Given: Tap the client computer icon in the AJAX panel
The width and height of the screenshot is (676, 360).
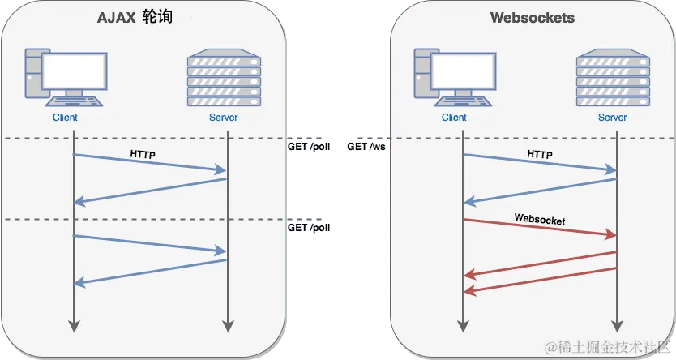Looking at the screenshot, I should pos(64,79).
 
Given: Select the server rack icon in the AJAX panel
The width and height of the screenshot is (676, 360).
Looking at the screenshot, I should pos(224,79).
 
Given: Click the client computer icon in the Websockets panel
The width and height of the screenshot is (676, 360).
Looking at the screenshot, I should pos(453,79).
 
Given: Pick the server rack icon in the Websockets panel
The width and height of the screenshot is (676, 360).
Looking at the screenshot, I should pos(613,79).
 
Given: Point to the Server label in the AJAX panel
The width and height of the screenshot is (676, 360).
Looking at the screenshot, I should pos(224,118).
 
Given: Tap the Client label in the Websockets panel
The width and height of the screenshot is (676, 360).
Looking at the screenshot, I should pos(454,118).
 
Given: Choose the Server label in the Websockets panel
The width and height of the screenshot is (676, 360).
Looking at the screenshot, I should pos(613,118).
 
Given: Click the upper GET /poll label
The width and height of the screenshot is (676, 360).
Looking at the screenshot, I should pos(309,148).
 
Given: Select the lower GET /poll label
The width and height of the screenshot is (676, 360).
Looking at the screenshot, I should pos(309,228).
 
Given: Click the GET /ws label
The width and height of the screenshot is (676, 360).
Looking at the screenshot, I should pos(366,148).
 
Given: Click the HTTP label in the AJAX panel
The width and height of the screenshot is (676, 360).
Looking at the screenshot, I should pos(143,152).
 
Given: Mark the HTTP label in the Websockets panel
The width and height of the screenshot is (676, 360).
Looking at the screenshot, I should pos(540,152).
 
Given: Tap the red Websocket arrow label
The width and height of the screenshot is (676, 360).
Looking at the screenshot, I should pos(539,219).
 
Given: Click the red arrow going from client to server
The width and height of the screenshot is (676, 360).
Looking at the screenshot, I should pos(539,228).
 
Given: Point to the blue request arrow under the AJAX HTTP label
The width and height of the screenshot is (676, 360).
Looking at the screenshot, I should pos(150,162).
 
